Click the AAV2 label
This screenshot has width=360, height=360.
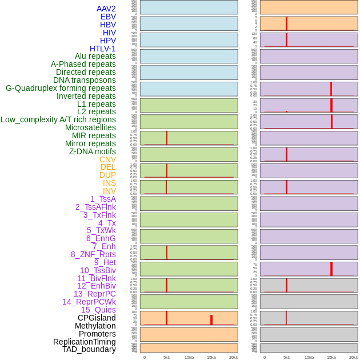point(106,9)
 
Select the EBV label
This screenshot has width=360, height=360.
point(108,17)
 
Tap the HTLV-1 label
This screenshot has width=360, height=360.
point(103,49)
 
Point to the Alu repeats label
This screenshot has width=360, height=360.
point(95,56)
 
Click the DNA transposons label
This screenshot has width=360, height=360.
point(85,80)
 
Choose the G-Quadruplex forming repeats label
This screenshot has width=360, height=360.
point(61,88)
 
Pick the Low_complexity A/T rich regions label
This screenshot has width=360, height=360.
point(58,119)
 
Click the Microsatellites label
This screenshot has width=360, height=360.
point(90,127)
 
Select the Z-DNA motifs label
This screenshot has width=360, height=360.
point(93,151)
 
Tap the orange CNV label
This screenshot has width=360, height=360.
point(107,159)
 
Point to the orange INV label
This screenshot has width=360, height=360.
point(109,191)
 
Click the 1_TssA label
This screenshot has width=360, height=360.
point(103,199)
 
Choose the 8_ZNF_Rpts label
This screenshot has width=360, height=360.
point(93,254)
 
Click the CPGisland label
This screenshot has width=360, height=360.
point(97,318)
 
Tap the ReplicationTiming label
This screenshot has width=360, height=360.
point(85,342)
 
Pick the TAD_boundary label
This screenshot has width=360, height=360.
point(89,349)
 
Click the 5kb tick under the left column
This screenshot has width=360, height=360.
point(167,357)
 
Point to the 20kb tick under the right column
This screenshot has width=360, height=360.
point(354,357)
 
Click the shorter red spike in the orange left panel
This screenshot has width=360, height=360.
point(211,320)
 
